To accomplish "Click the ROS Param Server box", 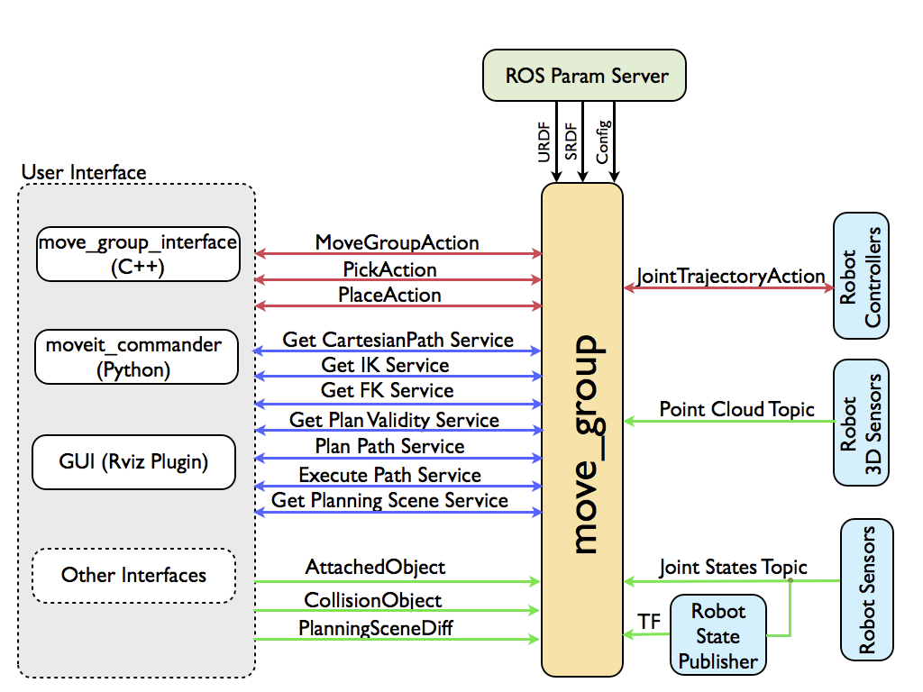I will point(584,75).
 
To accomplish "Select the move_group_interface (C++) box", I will point(138,253).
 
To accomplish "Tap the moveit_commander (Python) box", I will point(135,358).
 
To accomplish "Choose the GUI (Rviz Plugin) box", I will point(133,462).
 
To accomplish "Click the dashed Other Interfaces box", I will point(133,575).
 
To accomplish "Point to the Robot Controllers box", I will point(861,276).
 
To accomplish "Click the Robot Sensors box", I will point(866,588).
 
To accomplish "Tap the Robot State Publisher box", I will point(718,636).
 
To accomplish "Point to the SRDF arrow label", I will point(571,141).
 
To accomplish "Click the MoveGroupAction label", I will point(397,243).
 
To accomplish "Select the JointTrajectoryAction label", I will point(730,277).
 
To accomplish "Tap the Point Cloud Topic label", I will point(736,410).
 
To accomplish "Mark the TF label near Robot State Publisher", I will point(649,621).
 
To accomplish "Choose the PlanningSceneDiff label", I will point(376,628).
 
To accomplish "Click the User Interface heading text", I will point(83,172).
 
